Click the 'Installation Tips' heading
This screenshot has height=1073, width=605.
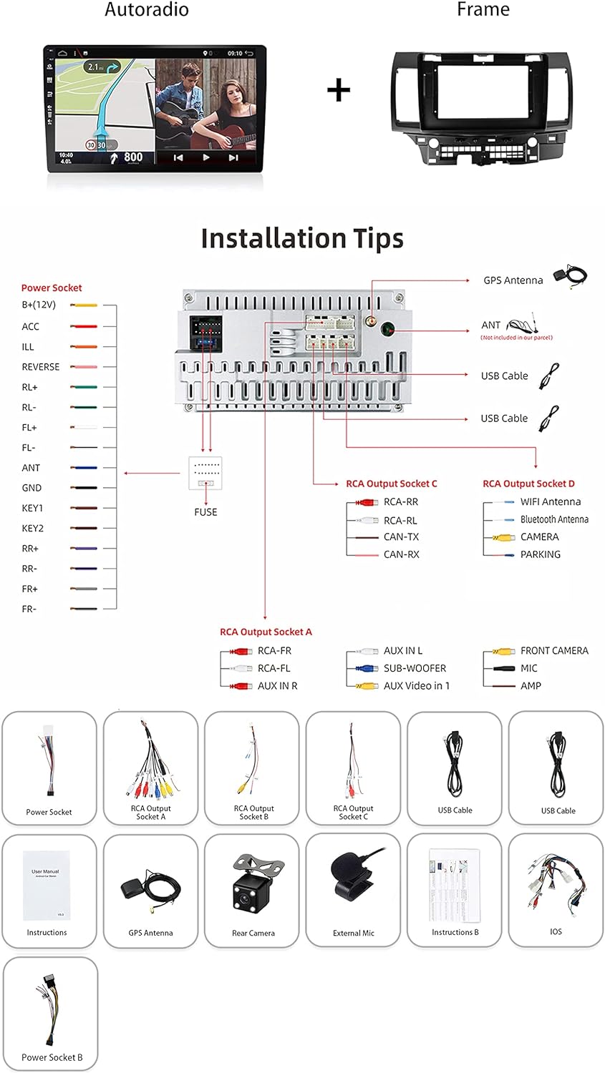302,238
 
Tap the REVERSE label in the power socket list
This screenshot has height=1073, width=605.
41,367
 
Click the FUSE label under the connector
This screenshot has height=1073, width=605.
205,512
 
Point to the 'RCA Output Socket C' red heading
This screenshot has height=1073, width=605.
392,484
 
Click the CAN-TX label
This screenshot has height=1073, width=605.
401,537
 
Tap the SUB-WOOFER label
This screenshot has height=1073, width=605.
415,668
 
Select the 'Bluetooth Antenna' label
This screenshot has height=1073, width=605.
554,519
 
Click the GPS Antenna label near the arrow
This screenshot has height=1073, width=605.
513,280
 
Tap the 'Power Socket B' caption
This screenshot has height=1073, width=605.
52,1057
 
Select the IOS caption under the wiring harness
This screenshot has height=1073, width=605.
556,931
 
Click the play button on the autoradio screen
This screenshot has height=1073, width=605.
206,157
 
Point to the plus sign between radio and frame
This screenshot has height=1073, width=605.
339,90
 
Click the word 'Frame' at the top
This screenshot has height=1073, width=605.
483,10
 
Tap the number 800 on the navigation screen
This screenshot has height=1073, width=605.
133,157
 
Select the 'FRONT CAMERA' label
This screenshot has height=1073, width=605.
554,651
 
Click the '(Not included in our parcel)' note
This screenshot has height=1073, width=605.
516,338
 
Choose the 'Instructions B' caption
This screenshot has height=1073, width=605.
455,932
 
